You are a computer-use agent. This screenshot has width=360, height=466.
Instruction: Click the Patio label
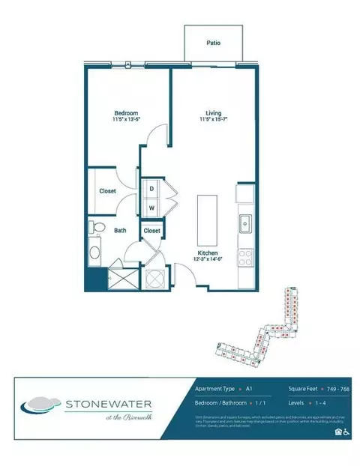(214, 43)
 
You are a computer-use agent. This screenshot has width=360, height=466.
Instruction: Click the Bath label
(120, 231)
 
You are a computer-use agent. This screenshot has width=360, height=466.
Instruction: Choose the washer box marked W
(151, 208)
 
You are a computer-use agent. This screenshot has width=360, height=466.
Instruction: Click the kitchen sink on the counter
(244, 223)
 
